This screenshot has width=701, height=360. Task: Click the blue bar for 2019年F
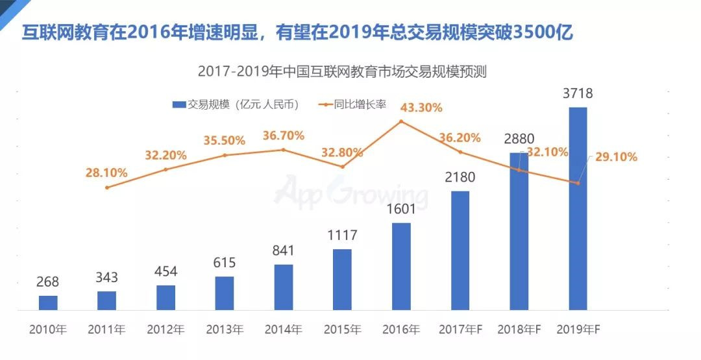click(578, 208)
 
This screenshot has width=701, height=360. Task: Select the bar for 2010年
click(48, 302)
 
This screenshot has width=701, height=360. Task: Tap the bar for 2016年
click(401, 266)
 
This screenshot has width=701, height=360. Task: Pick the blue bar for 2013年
click(225, 293)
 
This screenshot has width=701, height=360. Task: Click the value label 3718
click(578, 94)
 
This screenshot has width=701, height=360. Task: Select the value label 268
click(48, 282)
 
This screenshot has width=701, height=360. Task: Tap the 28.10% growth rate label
click(106, 173)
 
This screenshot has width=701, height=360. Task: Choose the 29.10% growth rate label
click(613, 157)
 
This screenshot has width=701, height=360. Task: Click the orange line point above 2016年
click(401, 121)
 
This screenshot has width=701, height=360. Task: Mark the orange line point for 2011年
click(107, 187)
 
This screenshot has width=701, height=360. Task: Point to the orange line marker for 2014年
click(284, 150)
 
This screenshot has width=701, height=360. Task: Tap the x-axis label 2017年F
click(461, 329)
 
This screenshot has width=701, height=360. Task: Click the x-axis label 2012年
click(166, 329)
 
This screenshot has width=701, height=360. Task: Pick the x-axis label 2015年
click(342, 329)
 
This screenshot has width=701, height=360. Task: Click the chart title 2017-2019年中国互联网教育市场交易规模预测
click(342, 72)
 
